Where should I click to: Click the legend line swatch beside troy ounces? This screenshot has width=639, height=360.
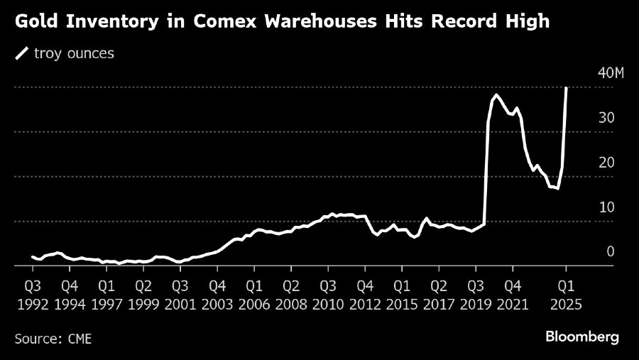pyautogui.click(x=21, y=53)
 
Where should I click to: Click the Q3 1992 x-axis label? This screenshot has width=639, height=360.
pyautogui.click(x=32, y=295)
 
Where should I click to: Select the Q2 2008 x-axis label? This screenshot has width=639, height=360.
pyautogui.click(x=291, y=295)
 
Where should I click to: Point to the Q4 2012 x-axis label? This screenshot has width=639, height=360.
pyautogui.click(x=365, y=295)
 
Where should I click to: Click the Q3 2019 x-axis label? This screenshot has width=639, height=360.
pyautogui.click(x=476, y=295)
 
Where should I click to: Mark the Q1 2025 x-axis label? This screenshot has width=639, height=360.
pyautogui.click(x=566, y=295)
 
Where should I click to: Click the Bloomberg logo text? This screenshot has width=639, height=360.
pyautogui.click(x=581, y=337)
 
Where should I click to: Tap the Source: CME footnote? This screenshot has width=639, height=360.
pyautogui.click(x=53, y=338)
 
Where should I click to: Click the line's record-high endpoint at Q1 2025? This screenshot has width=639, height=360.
pyautogui.click(x=566, y=88)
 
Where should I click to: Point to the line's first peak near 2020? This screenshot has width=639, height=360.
pyautogui.click(x=496, y=94)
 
